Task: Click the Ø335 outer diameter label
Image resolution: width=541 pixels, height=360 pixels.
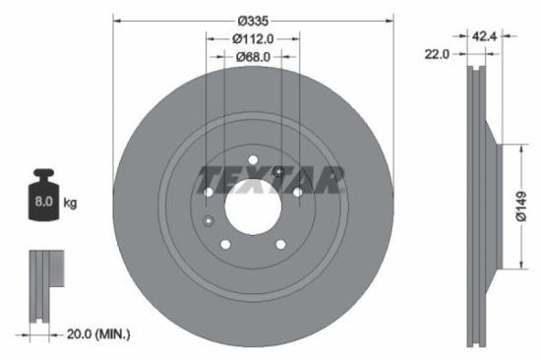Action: click(x=254, y=20)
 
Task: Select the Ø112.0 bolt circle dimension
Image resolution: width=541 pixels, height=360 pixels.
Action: click(x=253, y=38)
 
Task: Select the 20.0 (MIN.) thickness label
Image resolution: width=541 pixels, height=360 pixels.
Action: click(x=94, y=334)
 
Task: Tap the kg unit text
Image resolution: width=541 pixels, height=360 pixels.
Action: click(x=71, y=204)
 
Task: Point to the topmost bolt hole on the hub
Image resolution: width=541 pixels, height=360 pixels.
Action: click(x=254, y=160)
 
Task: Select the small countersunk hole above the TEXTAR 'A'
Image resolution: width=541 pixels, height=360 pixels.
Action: click(x=280, y=173)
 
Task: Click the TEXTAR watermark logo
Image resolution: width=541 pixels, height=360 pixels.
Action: click(x=272, y=180)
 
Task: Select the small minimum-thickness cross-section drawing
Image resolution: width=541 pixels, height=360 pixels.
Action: click(x=41, y=286)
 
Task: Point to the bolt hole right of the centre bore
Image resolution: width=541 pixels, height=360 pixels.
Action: click(x=298, y=193)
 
